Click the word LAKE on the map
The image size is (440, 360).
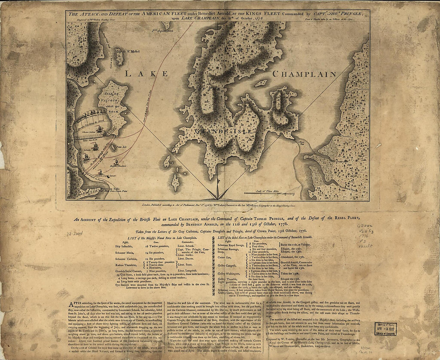click(146, 73)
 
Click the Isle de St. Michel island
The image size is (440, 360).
click(119, 57)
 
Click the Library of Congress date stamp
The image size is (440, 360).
click(385, 328)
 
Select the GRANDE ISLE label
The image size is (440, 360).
click(223, 131)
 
